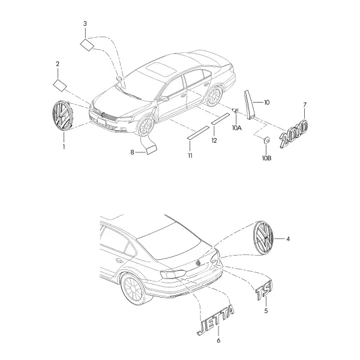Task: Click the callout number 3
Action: tap(85, 23)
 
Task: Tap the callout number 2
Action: tap(58, 64)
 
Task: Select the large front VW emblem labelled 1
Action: tap(62, 115)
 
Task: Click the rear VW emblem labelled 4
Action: tap(263, 238)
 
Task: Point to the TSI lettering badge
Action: tap(264, 290)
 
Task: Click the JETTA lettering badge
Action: tap(215, 319)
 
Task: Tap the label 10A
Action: tap(237, 128)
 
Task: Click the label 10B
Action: tap(267, 158)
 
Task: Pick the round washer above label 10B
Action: tap(266, 140)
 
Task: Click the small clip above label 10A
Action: tap(236, 111)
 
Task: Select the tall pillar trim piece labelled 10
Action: tap(250, 104)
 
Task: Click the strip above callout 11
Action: tap(199, 133)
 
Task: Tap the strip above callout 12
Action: tap(220, 118)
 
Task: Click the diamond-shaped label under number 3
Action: tap(87, 45)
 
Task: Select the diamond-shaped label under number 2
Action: tap(59, 86)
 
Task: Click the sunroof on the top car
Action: tap(161, 69)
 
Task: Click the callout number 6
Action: tap(218, 340)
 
